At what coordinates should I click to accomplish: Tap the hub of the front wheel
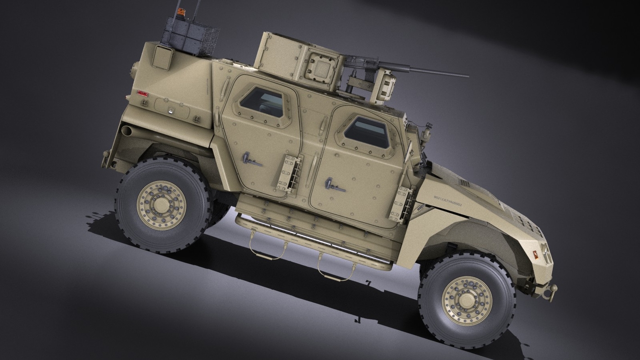click(x=467, y=299)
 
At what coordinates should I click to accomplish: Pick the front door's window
click(x=366, y=132)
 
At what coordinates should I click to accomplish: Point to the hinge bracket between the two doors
click(x=289, y=173)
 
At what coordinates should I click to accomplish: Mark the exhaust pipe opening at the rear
click(x=126, y=131)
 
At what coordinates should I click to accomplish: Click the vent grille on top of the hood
click(x=464, y=182)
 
